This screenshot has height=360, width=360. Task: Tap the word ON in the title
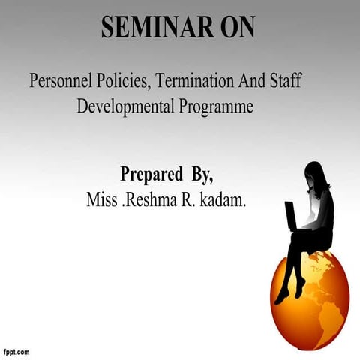tap(234, 27)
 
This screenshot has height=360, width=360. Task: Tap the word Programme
tap(217, 106)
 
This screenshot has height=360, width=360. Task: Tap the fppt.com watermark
tap(16, 351)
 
